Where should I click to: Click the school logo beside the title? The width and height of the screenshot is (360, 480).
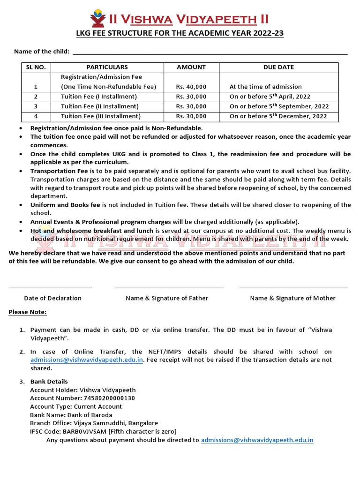pyautogui.click(x=98, y=18)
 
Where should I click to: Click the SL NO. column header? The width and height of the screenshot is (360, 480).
pyautogui.click(x=36, y=67)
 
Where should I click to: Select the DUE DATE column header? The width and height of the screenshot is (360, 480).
pyautogui.click(x=278, y=67)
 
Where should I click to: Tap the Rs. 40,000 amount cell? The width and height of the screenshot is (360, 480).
pyautogui.click(x=191, y=87)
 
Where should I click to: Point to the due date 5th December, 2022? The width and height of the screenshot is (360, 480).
pyautogui.click(x=279, y=116)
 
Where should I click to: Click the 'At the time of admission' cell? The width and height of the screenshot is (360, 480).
pyautogui.click(x=265, y=87)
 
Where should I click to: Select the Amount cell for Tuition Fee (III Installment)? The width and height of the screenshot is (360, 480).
pyautogui.click(x=191, y=116)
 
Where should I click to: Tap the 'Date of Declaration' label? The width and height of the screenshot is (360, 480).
pyautogui.click(x=52, y=298)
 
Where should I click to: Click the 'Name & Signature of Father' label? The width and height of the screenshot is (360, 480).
pyautogui.click(x=167, y=298)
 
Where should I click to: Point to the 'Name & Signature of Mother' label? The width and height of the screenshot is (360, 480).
pyautogui.click(x=292, y=298)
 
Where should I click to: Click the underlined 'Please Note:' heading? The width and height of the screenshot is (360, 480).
pyautogui.click(x=28, y=312)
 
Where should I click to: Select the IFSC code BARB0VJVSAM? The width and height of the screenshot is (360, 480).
pyautogui.click(x=83, y=432)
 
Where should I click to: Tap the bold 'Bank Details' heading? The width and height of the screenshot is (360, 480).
pyautogui.click(x=49, y=382)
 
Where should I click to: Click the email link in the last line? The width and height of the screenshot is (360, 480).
pyautogui.click(x=257, y=440)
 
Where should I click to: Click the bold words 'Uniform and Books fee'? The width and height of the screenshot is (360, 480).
pyautogui.click(x=65, y=205)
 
